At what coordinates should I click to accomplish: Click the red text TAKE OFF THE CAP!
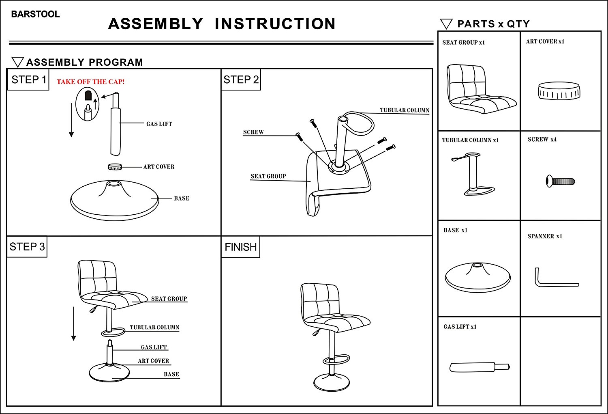(x=90, y=82)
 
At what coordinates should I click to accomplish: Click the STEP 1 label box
(x=28, y=80)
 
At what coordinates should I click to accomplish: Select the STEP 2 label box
(x=241, y=80)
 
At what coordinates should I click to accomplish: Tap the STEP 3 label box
(x=27, y=247)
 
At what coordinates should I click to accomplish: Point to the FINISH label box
(x=241, y=247)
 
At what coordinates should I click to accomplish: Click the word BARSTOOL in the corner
(x=35, y=14)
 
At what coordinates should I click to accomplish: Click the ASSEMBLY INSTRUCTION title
(x=222, y=24)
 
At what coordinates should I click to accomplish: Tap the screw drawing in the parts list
(x=560, y=181)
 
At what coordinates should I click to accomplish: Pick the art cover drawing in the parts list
(x=559, y=91)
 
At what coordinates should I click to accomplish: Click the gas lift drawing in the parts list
(x=479, y=367)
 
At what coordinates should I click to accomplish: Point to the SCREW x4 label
(x=542, y=140)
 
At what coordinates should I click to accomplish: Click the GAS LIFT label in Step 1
(x=159, y=124)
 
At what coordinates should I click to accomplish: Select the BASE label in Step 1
(x=182, y=198)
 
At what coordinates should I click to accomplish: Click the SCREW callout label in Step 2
(x=253, y=132)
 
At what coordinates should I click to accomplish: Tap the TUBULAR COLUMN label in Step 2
(x=404, y=110)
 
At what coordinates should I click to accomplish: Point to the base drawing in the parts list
(x=477, y=277)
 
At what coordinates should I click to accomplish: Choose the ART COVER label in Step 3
(x=153, y=361)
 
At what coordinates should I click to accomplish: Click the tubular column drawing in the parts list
(x=472, y=173)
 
